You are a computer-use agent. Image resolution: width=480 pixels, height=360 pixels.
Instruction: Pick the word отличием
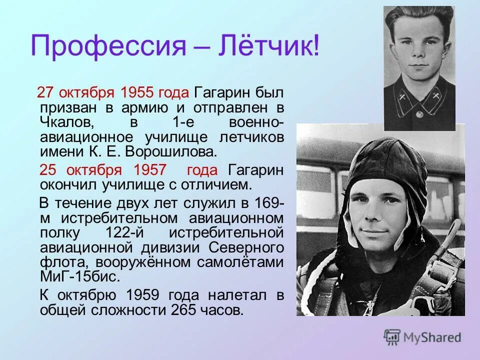[x=220, y=185]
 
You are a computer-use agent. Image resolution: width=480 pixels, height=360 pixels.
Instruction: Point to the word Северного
[x=246, y=248]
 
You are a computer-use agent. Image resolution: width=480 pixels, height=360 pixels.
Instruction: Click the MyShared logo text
[x=433, y=337]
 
